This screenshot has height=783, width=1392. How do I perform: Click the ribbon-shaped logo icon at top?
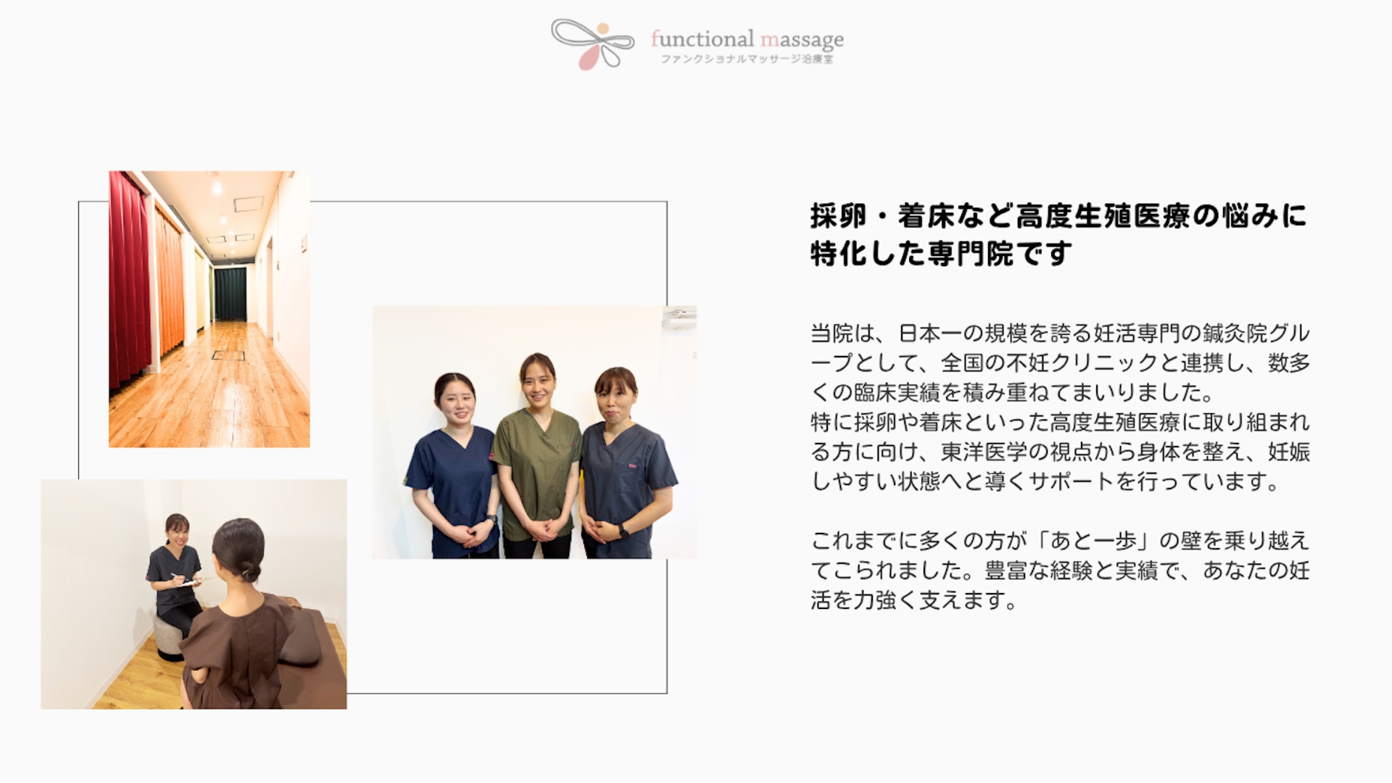pyautogui.click(x=592, y=43)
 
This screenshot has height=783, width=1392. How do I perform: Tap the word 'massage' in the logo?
pyautogui.click(x=802, y=39)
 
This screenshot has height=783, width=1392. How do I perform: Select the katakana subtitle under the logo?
pyautogui.click(x=747, y=59)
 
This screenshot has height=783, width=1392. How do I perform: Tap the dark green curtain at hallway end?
pyautogui.click(x=231, y=294)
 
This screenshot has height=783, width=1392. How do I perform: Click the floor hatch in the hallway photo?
pyautogui.click(x=228, y=355)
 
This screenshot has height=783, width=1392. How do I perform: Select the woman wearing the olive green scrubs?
pyautogui.click(x=537, y=457)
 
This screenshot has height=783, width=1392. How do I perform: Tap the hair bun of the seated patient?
pyautogui.click(x=251, y=573)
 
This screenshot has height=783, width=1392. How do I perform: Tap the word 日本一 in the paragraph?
pyautogui.click(x=930, y=333)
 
